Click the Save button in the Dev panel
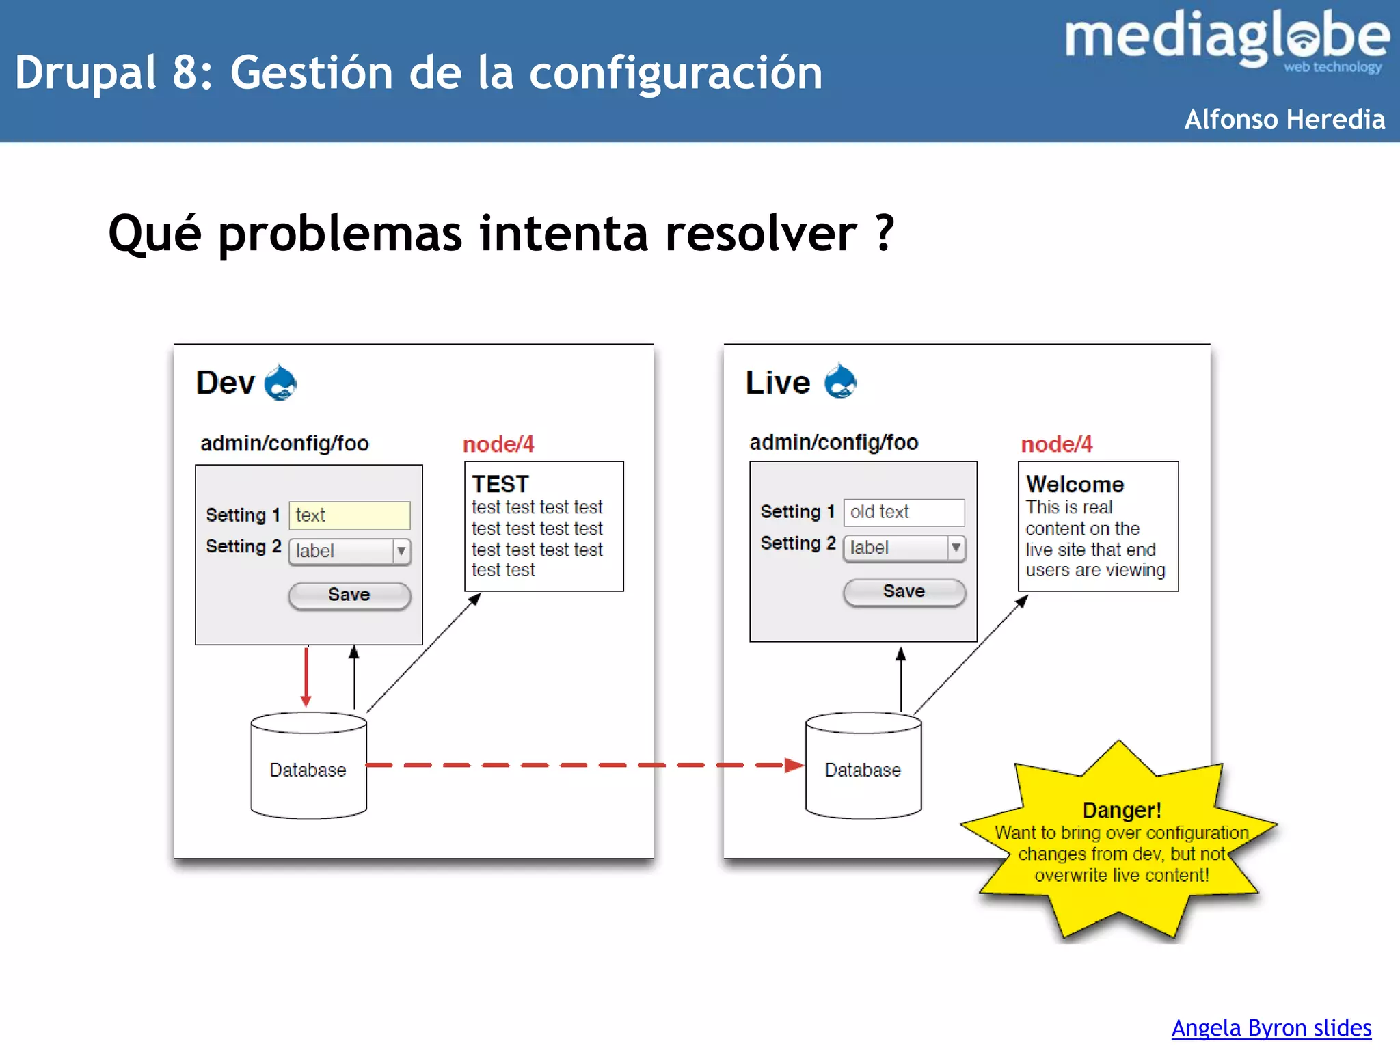(349, 595)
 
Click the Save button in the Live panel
(904, 591)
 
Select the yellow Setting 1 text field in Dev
(349, 515)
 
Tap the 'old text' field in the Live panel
(904, 512)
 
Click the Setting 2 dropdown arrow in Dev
(401, 551)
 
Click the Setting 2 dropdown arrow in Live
(956, 548)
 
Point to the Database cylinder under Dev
(308, 769)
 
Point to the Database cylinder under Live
(863, 769)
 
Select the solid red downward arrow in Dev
(306, 677)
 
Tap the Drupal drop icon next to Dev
(280, 383)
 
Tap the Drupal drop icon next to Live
(840, 381)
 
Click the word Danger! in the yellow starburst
(1122, 810)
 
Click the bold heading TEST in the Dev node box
(500, 484)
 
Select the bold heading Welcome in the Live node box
(1075, 484)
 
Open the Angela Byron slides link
(1271, 1027)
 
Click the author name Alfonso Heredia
(1284, 119)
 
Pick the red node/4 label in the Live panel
(1056, 444)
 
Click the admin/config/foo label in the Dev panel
(284, 444)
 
